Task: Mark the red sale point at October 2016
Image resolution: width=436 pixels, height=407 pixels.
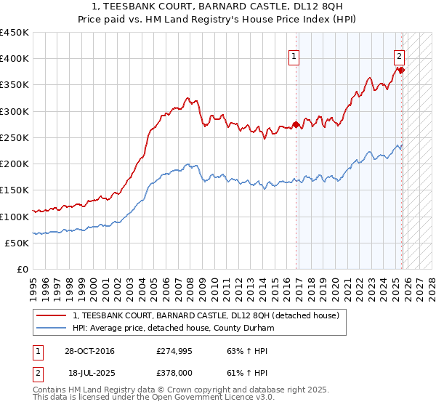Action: (296, 124)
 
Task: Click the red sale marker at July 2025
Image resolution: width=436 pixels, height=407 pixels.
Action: (401, 70)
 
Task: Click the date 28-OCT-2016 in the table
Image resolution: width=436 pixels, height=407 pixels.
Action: (89, 351)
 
